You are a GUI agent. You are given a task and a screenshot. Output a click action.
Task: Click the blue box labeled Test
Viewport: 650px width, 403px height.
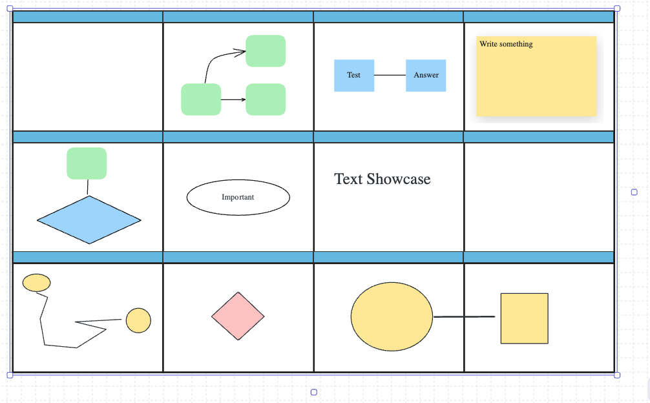coord(354,75)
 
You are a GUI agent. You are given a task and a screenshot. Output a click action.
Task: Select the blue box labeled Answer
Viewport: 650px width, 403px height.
coord(426,75)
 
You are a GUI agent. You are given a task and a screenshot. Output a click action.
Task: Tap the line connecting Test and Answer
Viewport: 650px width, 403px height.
coord(390,75)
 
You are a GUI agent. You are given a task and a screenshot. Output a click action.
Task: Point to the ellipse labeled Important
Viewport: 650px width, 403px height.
coord(238,198)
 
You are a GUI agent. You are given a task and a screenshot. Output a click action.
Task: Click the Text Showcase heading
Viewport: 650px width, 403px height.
coord(383,179)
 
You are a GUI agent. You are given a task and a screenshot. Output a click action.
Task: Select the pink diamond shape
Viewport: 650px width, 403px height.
coord(238,316)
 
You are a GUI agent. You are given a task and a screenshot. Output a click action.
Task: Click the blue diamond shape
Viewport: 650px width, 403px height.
coord(89,220)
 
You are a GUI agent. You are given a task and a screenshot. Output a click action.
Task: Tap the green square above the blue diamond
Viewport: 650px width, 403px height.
coord(87,163)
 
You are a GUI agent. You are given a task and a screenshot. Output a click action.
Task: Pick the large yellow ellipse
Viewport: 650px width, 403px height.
coord(392,316)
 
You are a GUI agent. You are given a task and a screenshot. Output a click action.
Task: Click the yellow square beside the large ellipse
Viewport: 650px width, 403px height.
coord(525,318)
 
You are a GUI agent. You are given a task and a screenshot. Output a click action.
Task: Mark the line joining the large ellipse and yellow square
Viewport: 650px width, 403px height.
coord(465,316)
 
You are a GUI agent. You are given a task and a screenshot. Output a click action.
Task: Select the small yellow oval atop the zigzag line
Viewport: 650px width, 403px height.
coord(36,282)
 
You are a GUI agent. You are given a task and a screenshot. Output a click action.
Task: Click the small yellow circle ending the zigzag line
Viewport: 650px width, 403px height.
coord(138,320)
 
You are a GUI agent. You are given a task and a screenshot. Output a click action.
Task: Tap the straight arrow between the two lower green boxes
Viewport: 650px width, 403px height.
coord(233,99)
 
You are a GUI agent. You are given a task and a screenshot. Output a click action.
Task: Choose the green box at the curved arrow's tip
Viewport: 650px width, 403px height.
coord(266,51)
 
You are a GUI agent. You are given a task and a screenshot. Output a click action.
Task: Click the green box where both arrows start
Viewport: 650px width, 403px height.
coord(201,99)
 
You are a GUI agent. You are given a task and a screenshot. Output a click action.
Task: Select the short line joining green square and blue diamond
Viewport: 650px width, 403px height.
coord(88,187)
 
